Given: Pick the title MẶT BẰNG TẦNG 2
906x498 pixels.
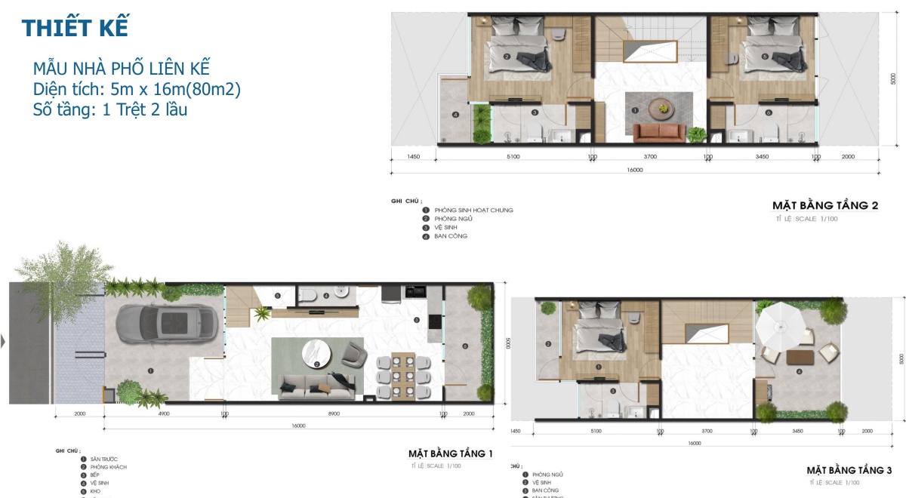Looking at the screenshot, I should [x=824, y=205].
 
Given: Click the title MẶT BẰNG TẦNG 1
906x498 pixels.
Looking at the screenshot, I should [x=450, y=453].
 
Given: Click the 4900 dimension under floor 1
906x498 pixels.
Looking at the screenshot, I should [x=164, y=414].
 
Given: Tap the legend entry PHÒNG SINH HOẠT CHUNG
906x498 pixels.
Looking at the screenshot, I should [x=473, y=210].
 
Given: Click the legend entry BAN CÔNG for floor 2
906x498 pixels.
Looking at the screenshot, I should [x=450, y=236].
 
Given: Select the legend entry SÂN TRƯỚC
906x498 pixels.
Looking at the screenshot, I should [x=103, y=459].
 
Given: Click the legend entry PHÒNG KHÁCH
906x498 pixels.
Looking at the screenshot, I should [x=108, y=467].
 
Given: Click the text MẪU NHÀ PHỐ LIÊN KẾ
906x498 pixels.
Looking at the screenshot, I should [x=122, y=68].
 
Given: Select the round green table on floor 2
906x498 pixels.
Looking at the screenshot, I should [x=662, y=108].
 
